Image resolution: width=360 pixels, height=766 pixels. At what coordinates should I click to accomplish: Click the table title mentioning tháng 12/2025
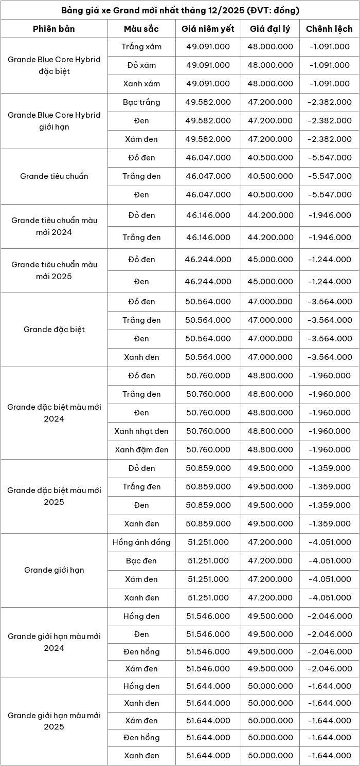point(180,10)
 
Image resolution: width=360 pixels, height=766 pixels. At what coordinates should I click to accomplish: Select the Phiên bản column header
point(54,29)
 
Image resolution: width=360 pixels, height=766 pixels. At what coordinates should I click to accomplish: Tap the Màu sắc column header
point(141,29)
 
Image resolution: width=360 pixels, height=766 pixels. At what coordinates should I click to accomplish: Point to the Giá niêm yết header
point(208,29)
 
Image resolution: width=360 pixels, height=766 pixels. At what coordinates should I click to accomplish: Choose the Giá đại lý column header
point(270,29)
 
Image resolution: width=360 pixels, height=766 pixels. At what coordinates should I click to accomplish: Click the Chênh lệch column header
point(329,29)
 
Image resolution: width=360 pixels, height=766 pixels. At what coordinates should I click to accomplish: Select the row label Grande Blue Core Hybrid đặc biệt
point(54,65)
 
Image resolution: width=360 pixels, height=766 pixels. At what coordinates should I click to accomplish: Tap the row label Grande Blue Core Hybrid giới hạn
point(54,121)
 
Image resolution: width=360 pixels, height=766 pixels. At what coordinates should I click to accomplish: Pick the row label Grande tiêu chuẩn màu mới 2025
point(54,270)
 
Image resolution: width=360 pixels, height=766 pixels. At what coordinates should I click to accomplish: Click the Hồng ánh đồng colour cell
point(141,542)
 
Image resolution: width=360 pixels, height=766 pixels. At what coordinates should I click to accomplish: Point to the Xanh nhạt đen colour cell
point(141,431)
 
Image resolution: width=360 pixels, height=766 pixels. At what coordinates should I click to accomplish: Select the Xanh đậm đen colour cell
point(141,450)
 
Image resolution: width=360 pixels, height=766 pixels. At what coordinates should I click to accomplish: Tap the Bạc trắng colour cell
point(141,102)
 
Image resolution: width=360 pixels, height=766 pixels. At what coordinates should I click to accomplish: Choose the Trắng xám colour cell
point(141,47)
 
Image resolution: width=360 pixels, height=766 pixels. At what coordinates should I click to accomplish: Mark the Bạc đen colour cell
point(141,561)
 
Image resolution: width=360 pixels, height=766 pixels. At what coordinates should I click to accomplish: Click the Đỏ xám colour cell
point(141,65)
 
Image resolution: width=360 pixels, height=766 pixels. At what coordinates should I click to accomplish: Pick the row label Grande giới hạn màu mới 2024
point(54,642)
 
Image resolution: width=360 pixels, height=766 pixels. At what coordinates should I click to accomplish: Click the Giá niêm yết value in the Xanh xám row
point(208,84)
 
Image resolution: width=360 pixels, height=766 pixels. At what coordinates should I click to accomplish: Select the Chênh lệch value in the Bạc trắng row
point(329,102)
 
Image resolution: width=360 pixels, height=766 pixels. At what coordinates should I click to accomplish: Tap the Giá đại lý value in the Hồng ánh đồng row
point(270,542)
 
